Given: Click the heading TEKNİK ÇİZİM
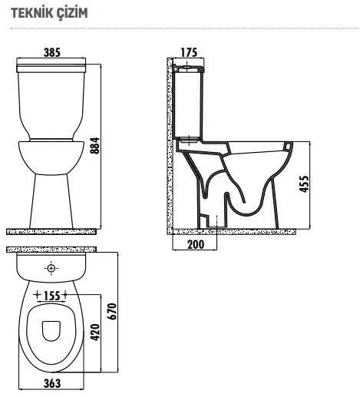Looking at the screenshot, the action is click(x=49, y=13).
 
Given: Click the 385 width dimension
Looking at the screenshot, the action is click(x=52, y=52).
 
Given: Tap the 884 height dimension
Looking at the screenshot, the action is click(x=95, y=146).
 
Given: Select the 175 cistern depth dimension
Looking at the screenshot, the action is click(x=189, y=52).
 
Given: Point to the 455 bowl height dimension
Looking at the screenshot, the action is click(x=304, y=184).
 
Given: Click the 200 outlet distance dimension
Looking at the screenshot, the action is click(x=196, y=244).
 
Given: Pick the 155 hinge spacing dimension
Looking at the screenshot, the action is click(x=52, y=296).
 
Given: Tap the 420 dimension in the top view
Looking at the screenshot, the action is click(x=95, y=332).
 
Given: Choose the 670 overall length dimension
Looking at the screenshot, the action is click(x=112, y=311).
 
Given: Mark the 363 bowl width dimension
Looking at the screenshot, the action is click(x=52, y=383).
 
